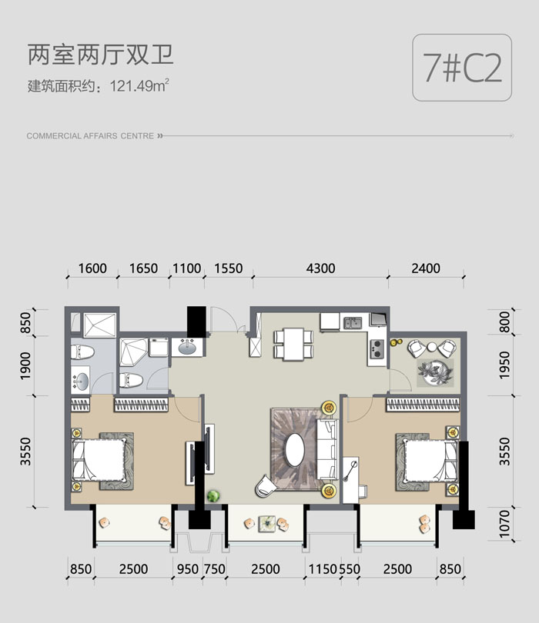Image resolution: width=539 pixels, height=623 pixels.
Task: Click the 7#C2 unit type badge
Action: [x=462, y=68]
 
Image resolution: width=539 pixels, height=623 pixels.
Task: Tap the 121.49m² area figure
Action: [x=139, y=85]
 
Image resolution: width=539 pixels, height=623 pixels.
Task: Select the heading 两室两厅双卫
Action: [x=101, y=55]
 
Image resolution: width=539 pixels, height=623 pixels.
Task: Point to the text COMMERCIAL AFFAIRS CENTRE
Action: [x=90, y=136]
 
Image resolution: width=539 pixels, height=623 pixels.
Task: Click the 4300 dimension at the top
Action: [x=320, y=268]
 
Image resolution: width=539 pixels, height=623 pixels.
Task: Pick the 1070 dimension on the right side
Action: [x=504, y=524]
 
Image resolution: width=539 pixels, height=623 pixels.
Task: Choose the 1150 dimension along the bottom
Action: [x=323, y=569]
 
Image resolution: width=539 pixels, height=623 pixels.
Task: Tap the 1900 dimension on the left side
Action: [x=25, y=365]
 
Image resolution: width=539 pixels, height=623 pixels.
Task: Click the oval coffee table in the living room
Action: [x=295, y=450]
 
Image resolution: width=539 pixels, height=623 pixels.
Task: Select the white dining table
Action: [x=293, y=344]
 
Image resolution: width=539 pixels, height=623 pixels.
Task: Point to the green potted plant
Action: [x=213, y=496]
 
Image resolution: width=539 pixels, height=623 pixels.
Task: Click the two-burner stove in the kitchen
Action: [x=377, y=348]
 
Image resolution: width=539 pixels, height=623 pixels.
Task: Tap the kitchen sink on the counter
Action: [x=353, y=322]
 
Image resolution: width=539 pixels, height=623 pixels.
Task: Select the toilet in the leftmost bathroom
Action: [x=82, y=352]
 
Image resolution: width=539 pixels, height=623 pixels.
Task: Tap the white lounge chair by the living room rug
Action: [x=266, y=485]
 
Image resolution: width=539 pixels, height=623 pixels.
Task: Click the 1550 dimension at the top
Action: [x=229, y=268]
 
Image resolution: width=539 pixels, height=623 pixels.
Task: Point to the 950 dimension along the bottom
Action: [x=187, y=569]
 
